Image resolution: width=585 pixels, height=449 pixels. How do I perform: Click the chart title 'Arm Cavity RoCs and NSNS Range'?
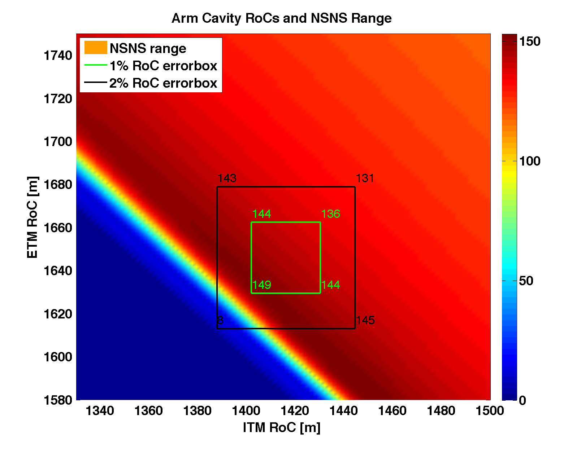click(x=281, y=18)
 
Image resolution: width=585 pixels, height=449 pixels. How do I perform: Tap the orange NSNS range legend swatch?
click(x=96, y=48)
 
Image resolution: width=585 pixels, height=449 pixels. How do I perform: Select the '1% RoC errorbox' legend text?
click(x=163, y=66)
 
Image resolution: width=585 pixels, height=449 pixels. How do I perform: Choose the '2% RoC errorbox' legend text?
click(x=163, y=83)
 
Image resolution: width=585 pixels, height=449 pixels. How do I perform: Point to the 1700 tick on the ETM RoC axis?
click(x=58, y=142)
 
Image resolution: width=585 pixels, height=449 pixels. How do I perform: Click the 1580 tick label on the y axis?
click(x=58, y=400)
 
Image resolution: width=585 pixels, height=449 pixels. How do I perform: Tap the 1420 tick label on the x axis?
click(x=295, y=410)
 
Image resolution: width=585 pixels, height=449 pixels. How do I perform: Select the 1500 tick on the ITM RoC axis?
click(x=490, y=410)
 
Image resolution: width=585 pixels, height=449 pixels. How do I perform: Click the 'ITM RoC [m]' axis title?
click(x=281, y=427)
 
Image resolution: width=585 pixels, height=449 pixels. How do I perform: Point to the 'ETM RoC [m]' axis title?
click(x=32, y=217)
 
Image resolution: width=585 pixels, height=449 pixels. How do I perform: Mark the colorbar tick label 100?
click(x=529, y=161)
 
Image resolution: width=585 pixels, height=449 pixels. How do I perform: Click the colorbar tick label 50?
click(x=526, y=281)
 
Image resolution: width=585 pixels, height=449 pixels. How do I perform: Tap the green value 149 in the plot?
click(x=261, y=285)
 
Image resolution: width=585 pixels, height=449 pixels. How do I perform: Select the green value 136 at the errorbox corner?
click(x=330, y=214)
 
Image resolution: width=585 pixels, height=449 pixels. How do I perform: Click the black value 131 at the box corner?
click(x=365, y=178)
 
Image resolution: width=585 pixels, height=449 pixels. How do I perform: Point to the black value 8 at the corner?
click(x=220, y=320)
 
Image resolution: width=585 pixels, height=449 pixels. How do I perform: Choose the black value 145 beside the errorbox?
click(x=365, y=320)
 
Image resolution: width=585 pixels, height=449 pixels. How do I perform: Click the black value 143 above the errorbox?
click(x=227, y=178)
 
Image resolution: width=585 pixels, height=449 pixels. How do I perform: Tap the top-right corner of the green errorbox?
click(x=320, y=222)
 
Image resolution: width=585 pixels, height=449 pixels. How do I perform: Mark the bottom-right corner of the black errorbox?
click(x=355, y=329)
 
